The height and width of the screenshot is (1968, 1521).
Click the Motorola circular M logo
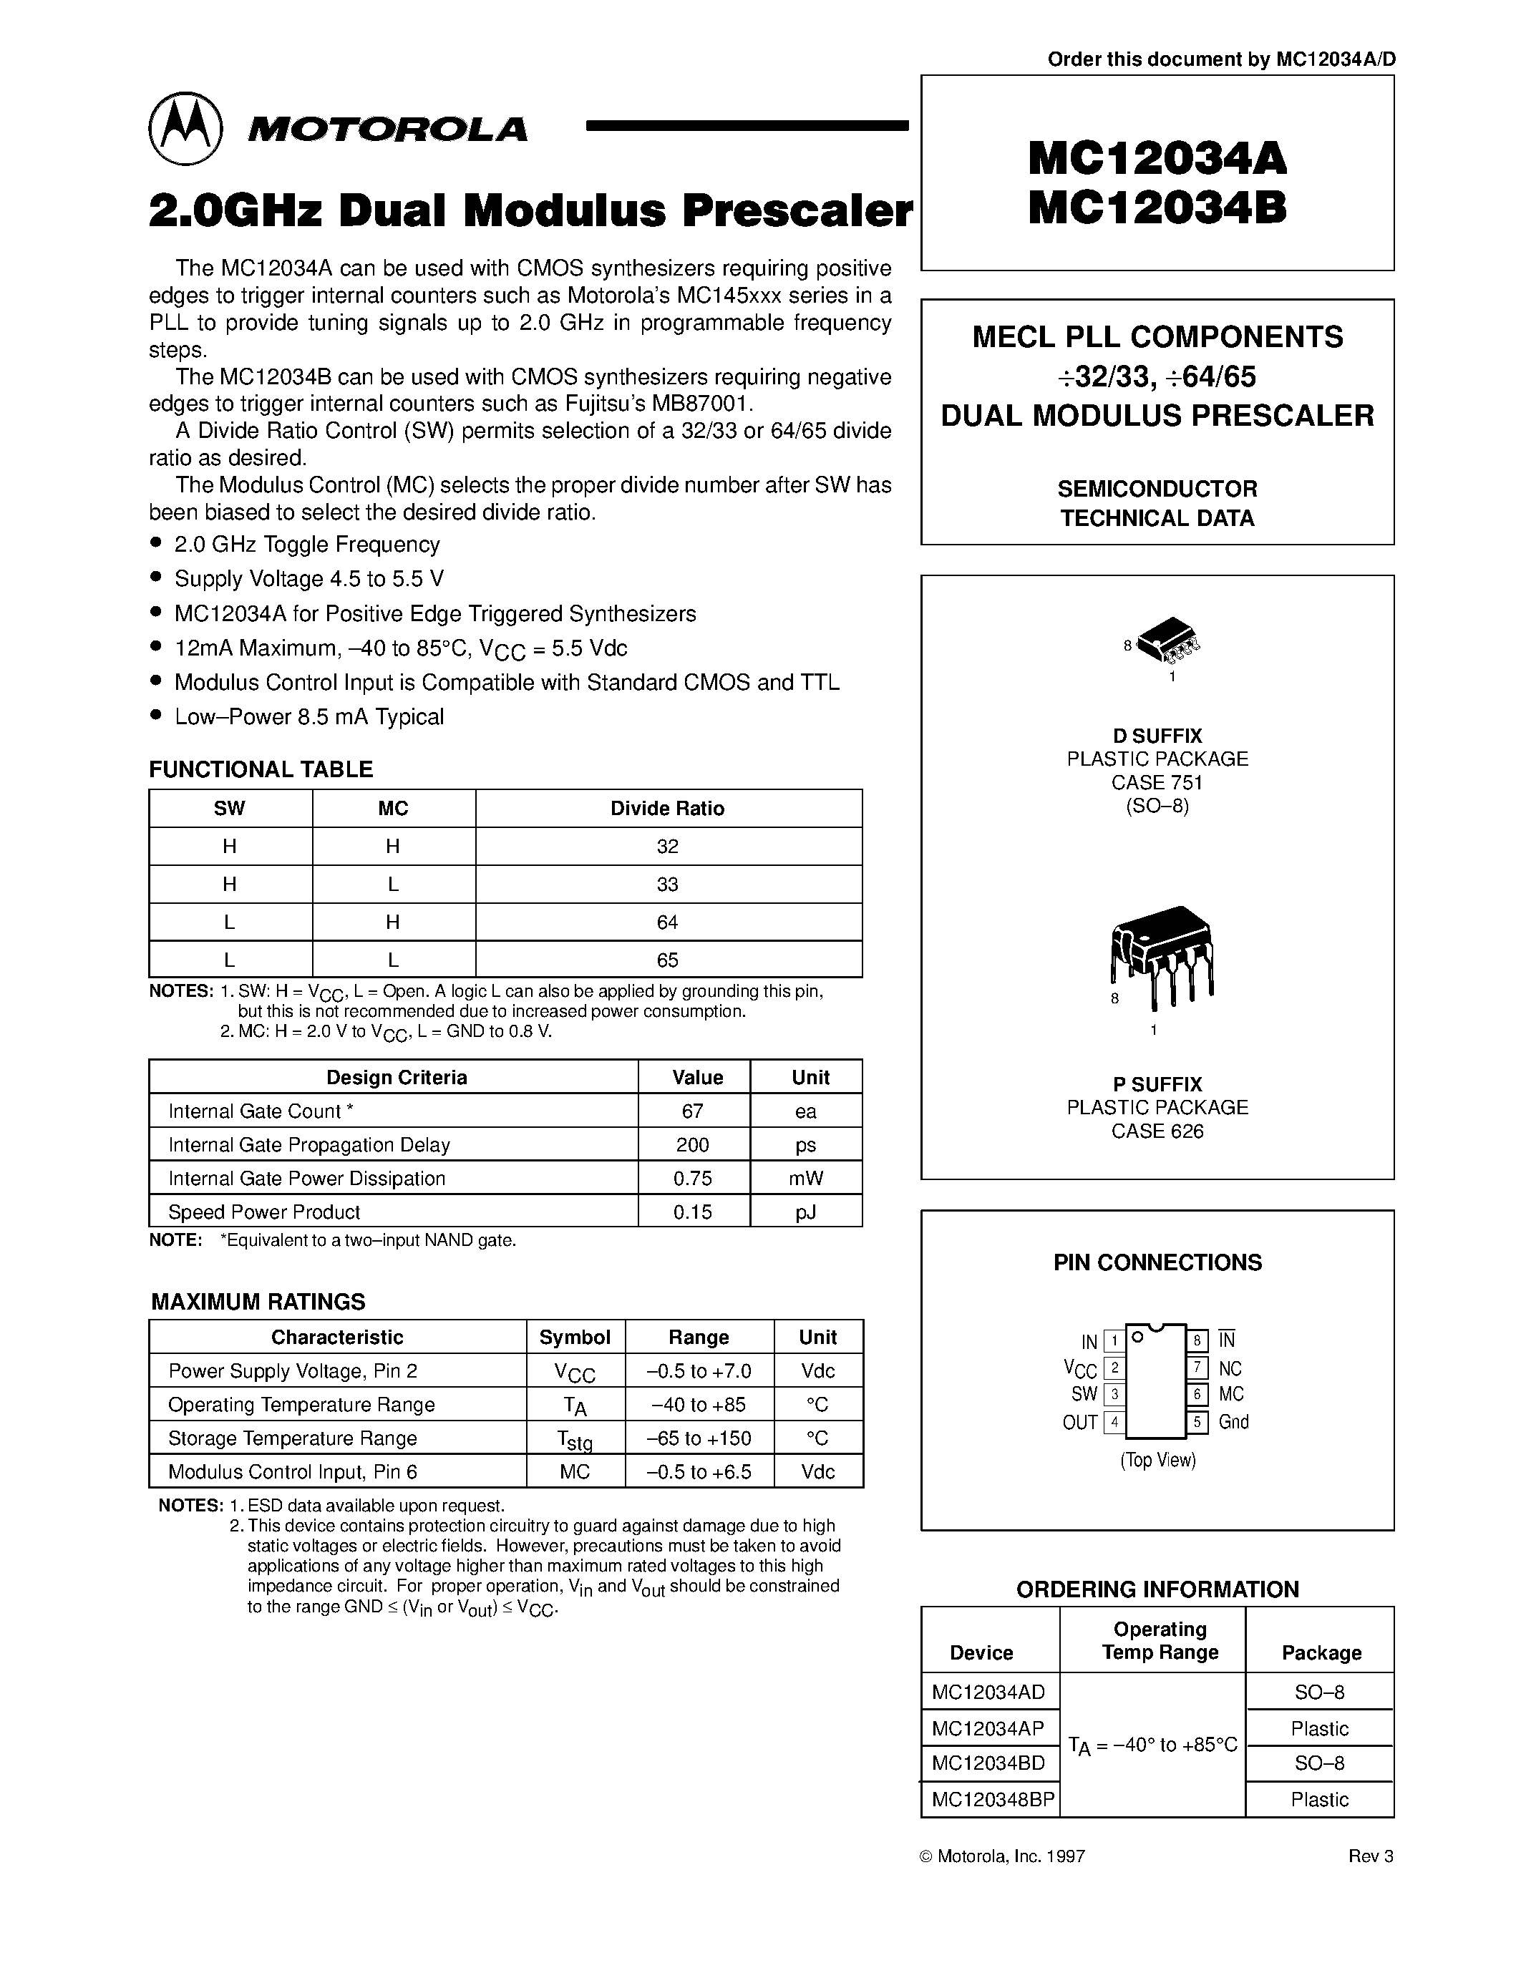185,128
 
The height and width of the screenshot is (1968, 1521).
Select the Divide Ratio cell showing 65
668,960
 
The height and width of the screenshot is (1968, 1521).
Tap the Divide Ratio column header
668,808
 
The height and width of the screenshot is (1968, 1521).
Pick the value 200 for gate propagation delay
693,1144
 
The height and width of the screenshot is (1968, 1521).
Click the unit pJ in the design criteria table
805,1212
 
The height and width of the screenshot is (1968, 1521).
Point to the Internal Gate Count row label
261,1111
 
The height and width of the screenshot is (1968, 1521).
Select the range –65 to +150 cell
699,1438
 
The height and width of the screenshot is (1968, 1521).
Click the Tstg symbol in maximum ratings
575,1440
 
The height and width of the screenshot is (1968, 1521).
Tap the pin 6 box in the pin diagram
1197,1395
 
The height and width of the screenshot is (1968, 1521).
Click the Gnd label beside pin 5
1233,1422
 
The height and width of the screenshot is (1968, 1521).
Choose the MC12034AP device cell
988,1728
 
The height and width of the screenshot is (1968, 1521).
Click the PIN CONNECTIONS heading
1157,1262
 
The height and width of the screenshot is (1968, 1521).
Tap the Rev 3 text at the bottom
1370,1856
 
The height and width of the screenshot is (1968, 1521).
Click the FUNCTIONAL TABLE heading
261,769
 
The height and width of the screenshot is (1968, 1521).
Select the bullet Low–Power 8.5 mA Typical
308,716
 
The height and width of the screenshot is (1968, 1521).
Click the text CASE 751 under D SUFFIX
1157,782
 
